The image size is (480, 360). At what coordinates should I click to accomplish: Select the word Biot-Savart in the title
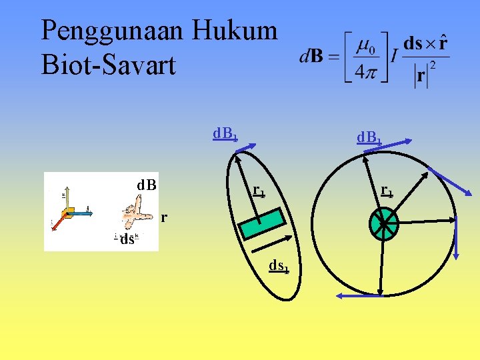pos(109,65)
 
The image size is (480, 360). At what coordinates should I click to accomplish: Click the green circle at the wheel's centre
pos(384,224)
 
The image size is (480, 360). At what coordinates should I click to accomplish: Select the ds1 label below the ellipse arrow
pos(279,267)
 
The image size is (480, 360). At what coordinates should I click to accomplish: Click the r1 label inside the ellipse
pos(259,191)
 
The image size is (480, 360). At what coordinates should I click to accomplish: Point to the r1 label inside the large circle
pos(387,192)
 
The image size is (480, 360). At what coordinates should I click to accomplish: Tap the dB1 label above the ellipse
pos(225,134)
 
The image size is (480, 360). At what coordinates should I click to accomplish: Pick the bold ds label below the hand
pos(127,240)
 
